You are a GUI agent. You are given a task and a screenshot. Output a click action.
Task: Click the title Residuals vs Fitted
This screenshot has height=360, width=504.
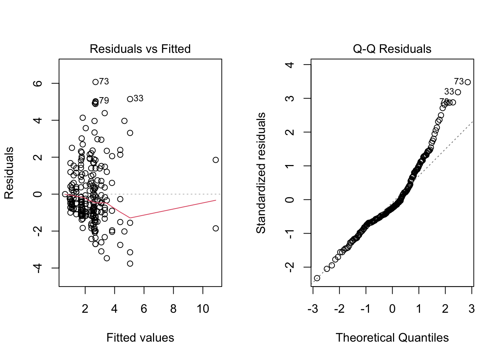[140, 49]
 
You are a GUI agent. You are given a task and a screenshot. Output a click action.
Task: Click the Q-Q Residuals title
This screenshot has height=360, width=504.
[392, 49]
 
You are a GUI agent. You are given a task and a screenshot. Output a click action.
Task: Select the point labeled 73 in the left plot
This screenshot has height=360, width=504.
[95, 82]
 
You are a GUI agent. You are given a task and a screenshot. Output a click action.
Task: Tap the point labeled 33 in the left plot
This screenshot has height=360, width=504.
[130, 99]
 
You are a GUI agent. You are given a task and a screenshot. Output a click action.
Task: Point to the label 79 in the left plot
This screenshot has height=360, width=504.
[104, 100]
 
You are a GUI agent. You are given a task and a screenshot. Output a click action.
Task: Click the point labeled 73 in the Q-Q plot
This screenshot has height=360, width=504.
[467, 82]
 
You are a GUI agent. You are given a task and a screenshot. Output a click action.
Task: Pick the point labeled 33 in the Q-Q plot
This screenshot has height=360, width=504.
[458, 92]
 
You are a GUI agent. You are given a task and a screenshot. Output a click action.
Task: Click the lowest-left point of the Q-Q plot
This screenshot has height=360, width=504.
[317, 278]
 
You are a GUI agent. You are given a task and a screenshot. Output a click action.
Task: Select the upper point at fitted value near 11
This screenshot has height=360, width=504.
[216, 160]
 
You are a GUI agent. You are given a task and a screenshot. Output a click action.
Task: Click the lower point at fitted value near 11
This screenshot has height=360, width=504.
[216, 228]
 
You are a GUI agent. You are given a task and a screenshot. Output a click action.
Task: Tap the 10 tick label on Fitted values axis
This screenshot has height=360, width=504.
[202, 309]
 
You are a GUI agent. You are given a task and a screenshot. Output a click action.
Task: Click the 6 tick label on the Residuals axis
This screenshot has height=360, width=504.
[38, 83]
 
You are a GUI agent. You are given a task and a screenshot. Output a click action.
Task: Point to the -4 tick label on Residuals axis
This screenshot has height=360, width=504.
[38, 268]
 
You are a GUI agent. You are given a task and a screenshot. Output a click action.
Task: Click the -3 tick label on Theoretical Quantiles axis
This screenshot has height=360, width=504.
[312, 309]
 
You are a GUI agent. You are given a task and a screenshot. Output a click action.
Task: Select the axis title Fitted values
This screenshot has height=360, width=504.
[140, 337]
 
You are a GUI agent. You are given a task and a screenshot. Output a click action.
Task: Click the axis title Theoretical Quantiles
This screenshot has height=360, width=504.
[392, 337]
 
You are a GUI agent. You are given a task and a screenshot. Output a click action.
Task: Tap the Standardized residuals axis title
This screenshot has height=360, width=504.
[261, 172]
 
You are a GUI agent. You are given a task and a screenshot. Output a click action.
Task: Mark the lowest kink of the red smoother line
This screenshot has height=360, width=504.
[130, 217]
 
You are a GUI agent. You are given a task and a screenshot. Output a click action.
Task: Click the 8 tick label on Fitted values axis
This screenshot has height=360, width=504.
[173, 309]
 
